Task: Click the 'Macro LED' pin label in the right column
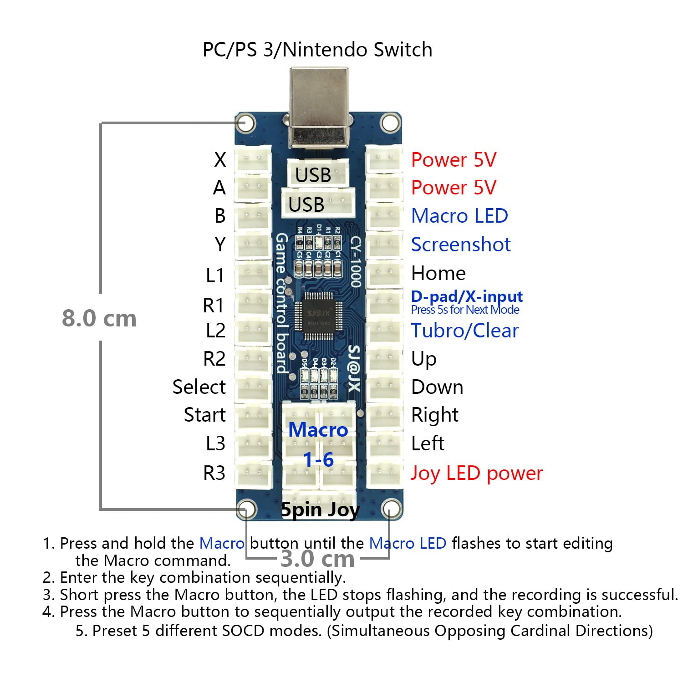tap(459, 216)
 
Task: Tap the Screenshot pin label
tap(460, 245)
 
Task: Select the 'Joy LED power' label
tap(476, 473)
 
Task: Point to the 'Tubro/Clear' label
tap(464, 331)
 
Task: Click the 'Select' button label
tap(199, 387)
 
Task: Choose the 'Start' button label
tap(204, 415)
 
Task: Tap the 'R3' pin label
tap(214, 473)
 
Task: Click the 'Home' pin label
tap(438, 273)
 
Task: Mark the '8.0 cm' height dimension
tap(99, 318)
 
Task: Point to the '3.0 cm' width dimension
tap(317, 559)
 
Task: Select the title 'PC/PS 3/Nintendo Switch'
tap(317, 49)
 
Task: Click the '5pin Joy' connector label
tap(320, 510)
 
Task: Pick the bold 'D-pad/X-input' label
tap(467, 296)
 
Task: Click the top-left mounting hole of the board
tap(246, 123)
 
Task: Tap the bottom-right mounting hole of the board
tap(390, 508)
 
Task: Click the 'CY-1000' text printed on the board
tap(356, 262)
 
